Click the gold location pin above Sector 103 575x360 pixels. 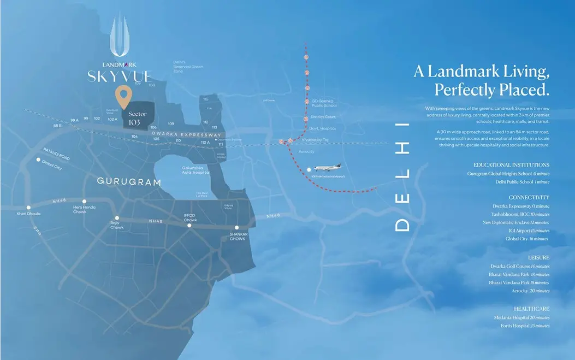(x=124, y=97)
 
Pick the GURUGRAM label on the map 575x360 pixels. (x=129, y=182)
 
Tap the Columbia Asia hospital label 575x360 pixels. (x=192, y=170)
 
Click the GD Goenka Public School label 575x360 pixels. (x=324, y=103)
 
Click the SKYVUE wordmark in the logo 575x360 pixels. (x=119, y=76)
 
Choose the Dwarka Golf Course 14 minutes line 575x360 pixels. (x=519, y=266)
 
